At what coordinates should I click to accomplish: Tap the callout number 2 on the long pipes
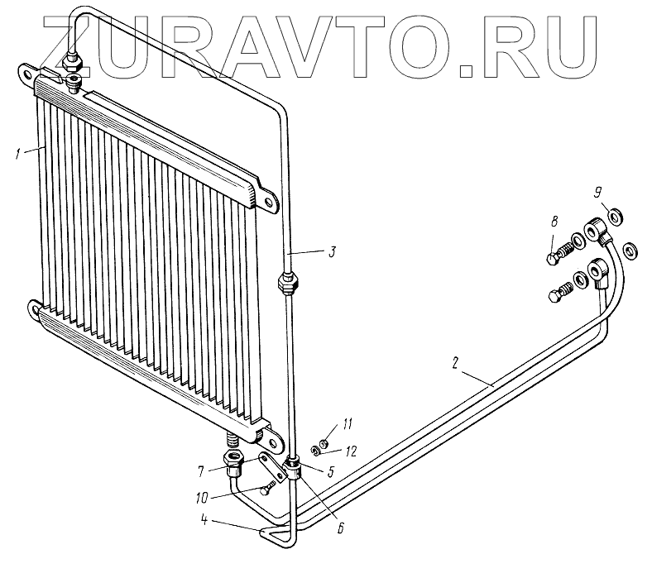pyautogui.click(x=456, y=362)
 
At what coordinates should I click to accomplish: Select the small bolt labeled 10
pyautogui.click(x=265, y=489)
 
